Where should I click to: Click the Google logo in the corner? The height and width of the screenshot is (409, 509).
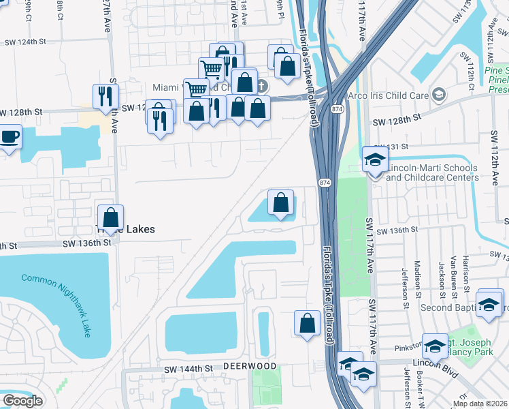coord(22,401)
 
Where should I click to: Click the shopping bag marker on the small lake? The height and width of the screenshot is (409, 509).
coord(280,202)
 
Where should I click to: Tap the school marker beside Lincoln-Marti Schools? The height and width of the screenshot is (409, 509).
coord(374,160)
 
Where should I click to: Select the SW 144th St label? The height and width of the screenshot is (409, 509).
coord(188,369)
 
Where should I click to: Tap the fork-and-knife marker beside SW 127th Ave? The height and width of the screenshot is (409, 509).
coord(105,96)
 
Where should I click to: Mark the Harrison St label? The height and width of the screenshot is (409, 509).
coord(466,267)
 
